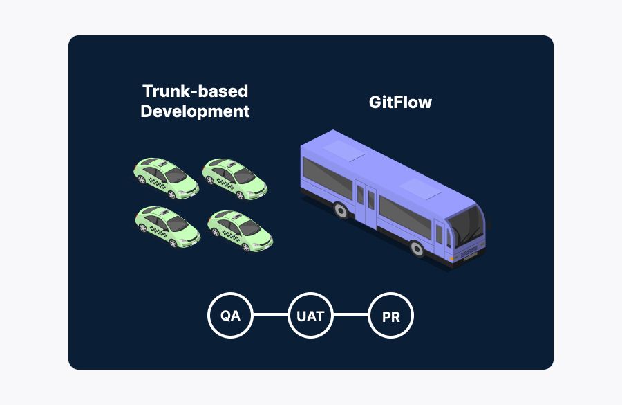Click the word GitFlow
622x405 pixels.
pyautogui.click(x=400, y=102)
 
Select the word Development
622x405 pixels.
pyautogui.click(x=195, y=111)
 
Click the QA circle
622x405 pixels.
pyautogui.click(x=230, y=316)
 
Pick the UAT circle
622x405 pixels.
pyautogui.click(x=310, y=316)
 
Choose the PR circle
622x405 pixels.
pyautogui.click(x=390, y=316)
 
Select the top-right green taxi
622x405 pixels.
pyautogui.click(x=234, y=177)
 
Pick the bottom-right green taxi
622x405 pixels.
pyautogui.click(x=240, y=231)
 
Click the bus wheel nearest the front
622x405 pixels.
pyautogui.click(x=417, y=248)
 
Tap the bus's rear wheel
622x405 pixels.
pyautogui.click(x=341, y=210)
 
